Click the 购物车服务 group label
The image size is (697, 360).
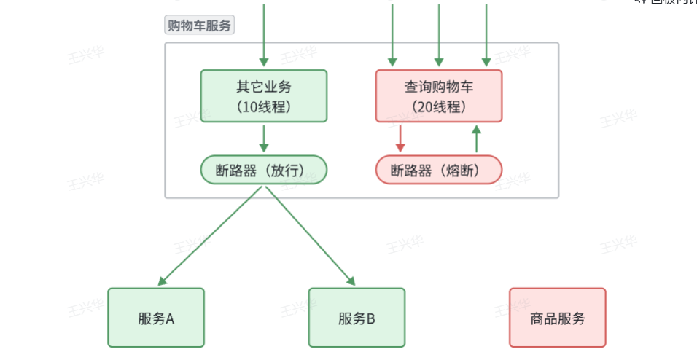coord(199,26)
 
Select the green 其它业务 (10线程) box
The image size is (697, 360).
coord(263,95)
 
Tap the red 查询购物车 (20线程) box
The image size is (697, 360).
coord(438,95)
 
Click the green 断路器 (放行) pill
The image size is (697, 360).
coord(263,171)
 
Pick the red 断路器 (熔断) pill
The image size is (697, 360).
coord(438,171)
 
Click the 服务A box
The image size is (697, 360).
coord(156,318)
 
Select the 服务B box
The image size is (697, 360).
coord(357,318)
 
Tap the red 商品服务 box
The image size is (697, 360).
coord(557,318)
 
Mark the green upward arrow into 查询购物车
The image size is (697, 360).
coord(477,138)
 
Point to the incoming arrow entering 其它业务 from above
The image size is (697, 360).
coord(264,33)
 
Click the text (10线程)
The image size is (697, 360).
coord(263,106)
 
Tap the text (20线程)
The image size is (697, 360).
coord(438,106)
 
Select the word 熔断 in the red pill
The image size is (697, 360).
coord(464,171)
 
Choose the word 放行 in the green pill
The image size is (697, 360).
coord(289,171)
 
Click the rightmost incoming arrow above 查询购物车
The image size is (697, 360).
coord(486,33)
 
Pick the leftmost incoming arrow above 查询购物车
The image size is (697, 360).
coord(392,33)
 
